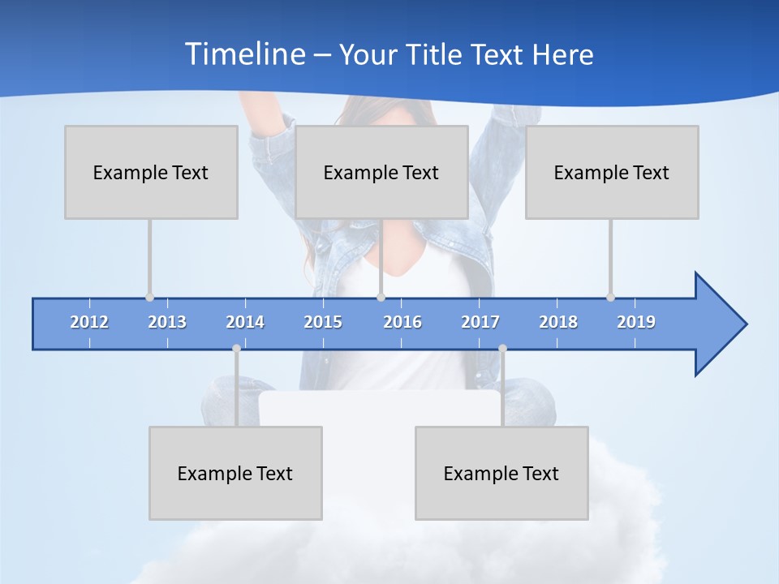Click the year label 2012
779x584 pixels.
click(89, 322)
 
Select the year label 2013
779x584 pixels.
click(167, 322)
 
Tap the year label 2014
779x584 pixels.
click(245, 322)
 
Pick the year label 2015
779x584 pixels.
click(323, 322)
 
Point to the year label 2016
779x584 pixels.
click(402, 322)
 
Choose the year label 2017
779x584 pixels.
click(480, 322)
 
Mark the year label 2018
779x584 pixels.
click(558, 322)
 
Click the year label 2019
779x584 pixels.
click(636, 322)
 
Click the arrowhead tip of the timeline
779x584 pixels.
click(744, 324)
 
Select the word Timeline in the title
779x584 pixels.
click(244, 54)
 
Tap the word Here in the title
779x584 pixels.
click(562, 55)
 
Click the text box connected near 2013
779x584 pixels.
click(151, 172)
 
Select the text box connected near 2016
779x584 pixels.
click(381, 172)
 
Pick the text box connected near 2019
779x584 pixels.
click(612, 172)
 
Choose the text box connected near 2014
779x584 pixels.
click(235, 473)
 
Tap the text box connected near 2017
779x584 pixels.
click(501, 473)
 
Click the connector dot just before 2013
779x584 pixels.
click(149, 298)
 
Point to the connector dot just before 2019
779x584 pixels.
click(610, 298)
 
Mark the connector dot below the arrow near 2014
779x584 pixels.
click(236, 348)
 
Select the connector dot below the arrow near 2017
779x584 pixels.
click(502, 348)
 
